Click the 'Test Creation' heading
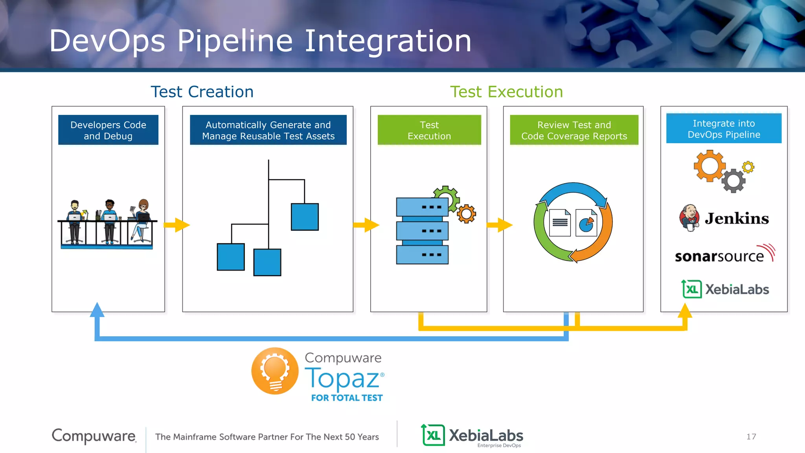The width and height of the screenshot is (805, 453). [x=202, y=92]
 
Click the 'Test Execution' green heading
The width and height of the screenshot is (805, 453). [x=506, y=92]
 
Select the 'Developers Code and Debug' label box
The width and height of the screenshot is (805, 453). [x=108, y=130]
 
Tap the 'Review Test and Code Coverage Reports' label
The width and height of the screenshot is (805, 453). [x=574, y=130]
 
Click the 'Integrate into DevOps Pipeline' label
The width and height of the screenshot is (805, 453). [x=724, y=129]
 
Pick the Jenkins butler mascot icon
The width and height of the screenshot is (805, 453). [x=689, y=217]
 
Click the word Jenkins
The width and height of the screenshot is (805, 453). [x=737, y=219]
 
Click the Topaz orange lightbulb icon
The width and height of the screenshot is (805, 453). [x=275, y=371]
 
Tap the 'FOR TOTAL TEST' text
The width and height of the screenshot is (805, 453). [x=347, y=398]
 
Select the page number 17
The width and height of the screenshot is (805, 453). [x=751, y=436]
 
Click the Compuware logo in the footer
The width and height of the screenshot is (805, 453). [x=94, y=436]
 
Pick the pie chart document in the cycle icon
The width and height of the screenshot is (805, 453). [x=586, y=223]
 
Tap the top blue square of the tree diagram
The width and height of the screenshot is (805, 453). [x=305, y=217]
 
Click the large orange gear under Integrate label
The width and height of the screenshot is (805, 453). [x=709, y=166]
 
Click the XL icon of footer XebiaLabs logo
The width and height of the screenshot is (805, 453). [x=433, y=435]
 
